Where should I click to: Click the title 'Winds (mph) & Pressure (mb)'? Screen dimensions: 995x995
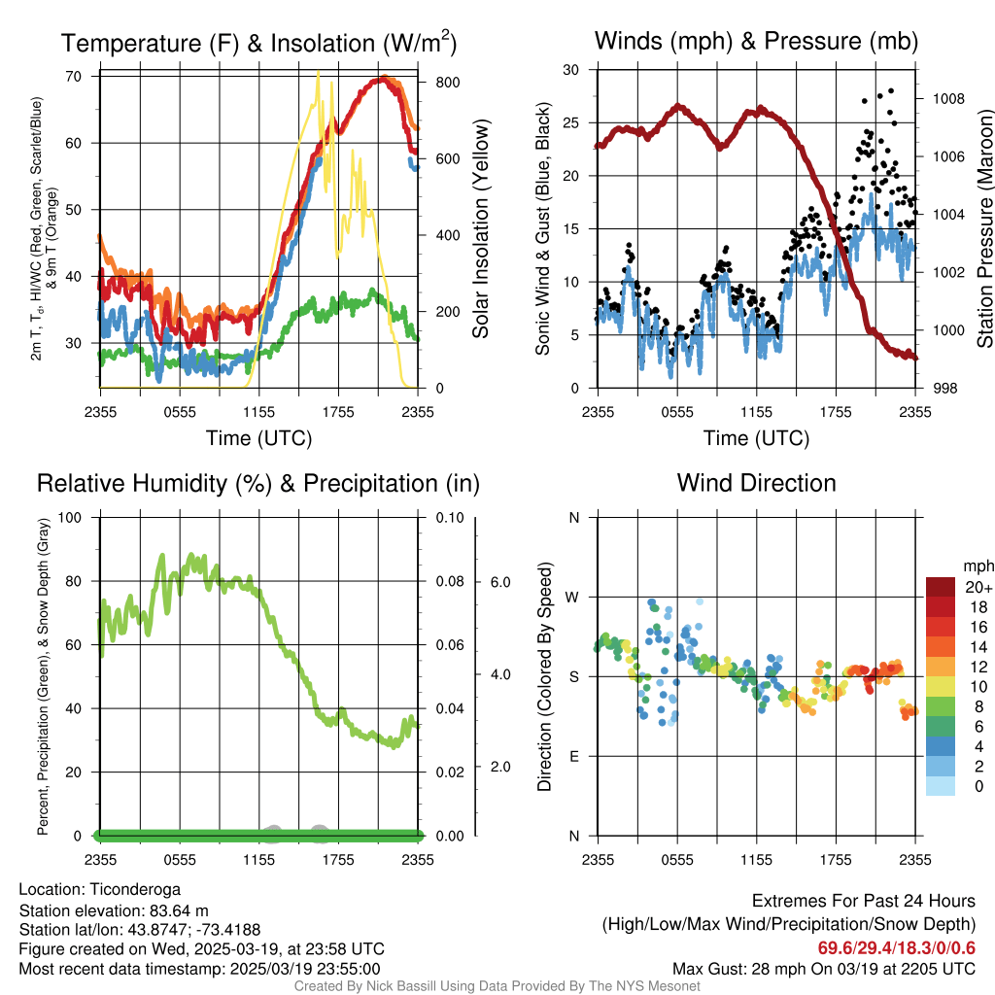click(756, 42)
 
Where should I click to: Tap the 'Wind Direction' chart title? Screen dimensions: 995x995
click(756, 483)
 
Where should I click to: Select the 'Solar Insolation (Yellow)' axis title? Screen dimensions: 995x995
click(480, 229)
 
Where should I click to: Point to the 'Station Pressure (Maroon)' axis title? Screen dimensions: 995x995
click(983, 229)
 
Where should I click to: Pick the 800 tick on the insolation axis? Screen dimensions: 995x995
click(447, 83)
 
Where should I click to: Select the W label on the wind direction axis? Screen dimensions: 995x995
click(573, 597)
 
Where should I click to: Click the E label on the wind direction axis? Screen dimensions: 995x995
click(573, 756)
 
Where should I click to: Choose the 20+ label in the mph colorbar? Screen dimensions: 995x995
click(976, 588)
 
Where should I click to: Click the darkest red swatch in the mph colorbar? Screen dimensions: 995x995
click(941, 588)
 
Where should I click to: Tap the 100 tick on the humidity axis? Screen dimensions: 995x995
click(73, 517)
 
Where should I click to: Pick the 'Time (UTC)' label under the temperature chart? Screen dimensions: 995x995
click(258, 438)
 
